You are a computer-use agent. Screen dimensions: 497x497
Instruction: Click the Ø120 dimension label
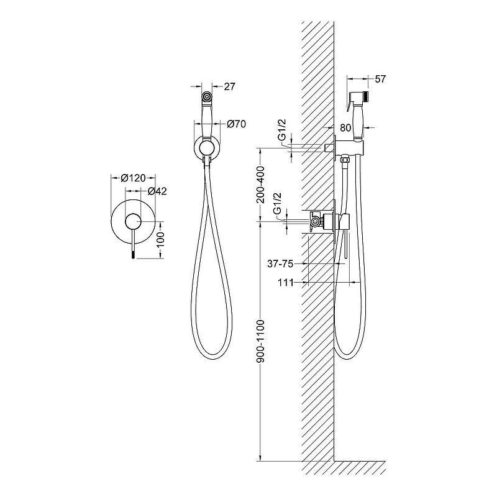[x=133, y=178]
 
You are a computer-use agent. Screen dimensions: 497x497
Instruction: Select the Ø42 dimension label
[x=157, y=191]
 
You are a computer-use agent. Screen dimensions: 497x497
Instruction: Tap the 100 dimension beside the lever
[x=161, y=240]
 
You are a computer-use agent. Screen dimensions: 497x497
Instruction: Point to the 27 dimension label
[x=229, y=86]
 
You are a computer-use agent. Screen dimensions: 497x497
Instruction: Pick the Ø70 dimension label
[x=236, y=124]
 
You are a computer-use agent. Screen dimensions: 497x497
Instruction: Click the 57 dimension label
[x=380, y=79]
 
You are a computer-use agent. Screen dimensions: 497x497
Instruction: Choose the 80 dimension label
[x=345, y=127]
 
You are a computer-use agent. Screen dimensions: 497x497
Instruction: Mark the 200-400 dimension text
[x=260, y=185]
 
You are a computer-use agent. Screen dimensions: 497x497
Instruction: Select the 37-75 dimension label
[x=280, y=263]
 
